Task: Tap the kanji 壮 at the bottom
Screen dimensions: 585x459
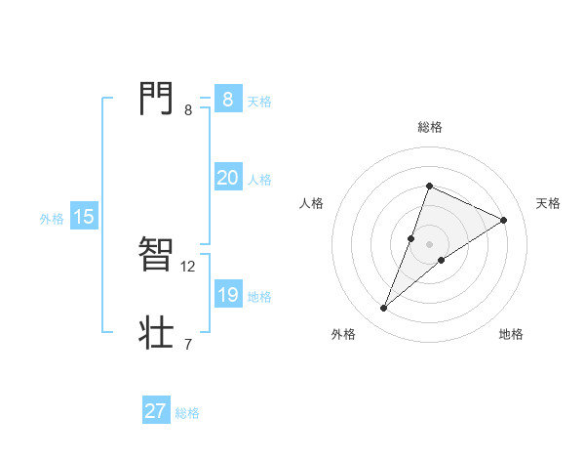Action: tap(156, 332)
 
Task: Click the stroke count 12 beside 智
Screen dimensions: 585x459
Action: tap(188, 266)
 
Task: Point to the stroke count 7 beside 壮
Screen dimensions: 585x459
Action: tap(188, 344)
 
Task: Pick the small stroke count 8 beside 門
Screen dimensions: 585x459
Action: tap(188, 109)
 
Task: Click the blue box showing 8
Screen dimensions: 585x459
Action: tap(227, 100)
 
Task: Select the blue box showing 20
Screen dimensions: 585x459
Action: tap(227, 178)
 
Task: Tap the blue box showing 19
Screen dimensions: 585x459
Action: tap(227, 295)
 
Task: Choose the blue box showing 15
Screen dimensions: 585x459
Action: tap(84, 217)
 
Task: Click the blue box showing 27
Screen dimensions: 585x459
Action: tap(156, 411)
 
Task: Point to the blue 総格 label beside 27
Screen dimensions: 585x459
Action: tap(187, 413)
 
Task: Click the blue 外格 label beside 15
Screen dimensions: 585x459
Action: tap(52, 219)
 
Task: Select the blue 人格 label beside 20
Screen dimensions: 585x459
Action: tap(259, 180)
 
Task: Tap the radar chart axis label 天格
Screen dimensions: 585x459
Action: tap(549, 203)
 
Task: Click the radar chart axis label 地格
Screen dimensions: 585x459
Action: tap(511, 334)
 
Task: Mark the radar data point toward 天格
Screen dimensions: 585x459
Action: tap(504, 220)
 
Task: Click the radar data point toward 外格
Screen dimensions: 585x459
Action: tap(384, 309)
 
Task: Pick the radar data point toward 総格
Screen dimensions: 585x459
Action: tap(429, 186)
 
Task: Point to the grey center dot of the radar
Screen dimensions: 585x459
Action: tap(429, 243)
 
